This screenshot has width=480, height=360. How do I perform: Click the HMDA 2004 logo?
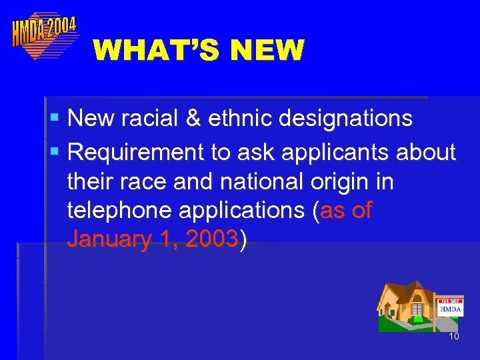44,34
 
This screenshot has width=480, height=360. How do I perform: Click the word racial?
143,119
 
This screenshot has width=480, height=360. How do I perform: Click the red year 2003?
213,240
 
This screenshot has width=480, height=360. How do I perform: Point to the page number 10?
454,337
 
